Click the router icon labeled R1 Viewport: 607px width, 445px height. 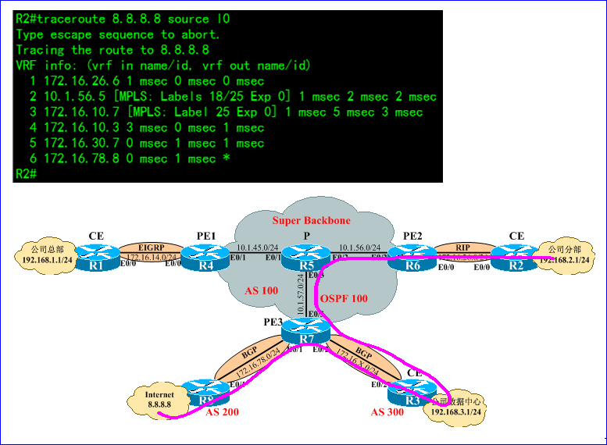pyautogui.click(x=96, y=258)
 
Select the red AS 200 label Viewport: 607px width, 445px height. pyautogui.click(x=223, y=411)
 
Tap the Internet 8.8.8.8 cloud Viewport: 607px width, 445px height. pyautogui.click(x=159, y=400)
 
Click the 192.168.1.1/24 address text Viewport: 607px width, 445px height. pyautogui.click(x=45, y=260)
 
